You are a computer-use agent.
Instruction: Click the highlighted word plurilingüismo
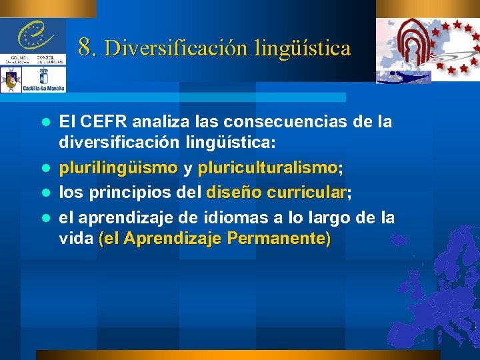118,167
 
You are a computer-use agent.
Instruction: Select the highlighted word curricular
312,193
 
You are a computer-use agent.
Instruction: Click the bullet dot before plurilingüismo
46,167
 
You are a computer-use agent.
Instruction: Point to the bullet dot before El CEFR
46,123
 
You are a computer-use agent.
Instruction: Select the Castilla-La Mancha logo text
44,88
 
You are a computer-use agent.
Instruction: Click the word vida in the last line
75,239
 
